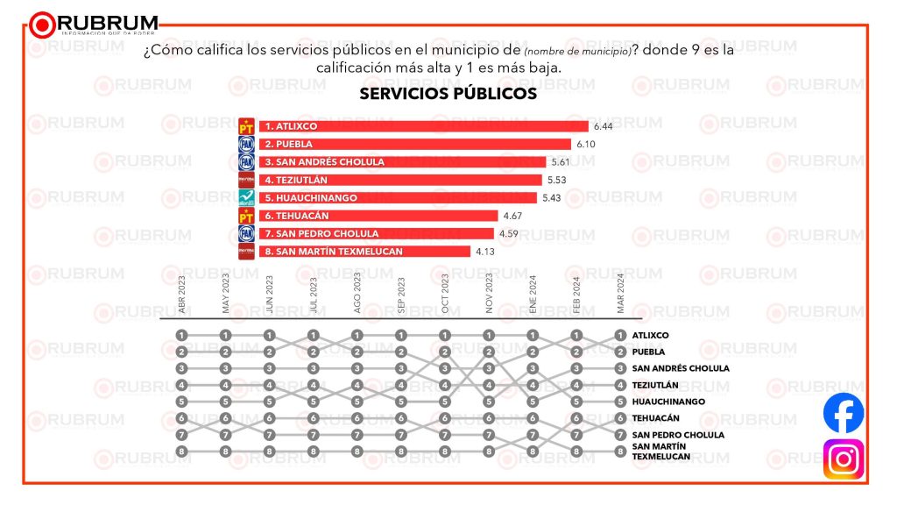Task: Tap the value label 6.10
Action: (x=585, y=144)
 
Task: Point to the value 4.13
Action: (x=485, y=252)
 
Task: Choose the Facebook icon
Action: (x=844, y=414)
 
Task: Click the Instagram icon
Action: (x=844, y=459)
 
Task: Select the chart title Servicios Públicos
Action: (x=448, y=94)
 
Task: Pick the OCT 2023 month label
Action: (x=445, y=295)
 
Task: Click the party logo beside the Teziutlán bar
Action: (x=246, y=180)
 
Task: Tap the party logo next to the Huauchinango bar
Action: (x=246, y=198)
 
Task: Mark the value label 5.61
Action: (x=561, y=162)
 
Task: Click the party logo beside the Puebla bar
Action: (x=246, y=144)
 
